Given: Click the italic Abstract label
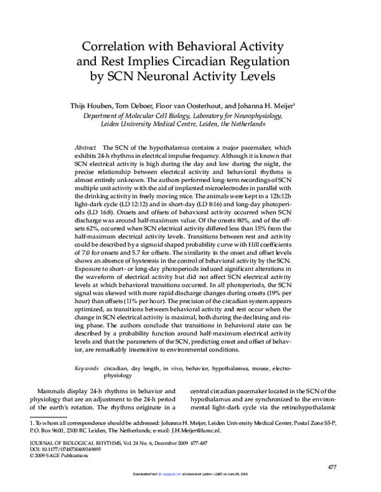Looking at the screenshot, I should tap(86, 146).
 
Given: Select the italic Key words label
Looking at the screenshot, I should tap(87, 368).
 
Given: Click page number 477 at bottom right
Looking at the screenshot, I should tap(331, 467).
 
